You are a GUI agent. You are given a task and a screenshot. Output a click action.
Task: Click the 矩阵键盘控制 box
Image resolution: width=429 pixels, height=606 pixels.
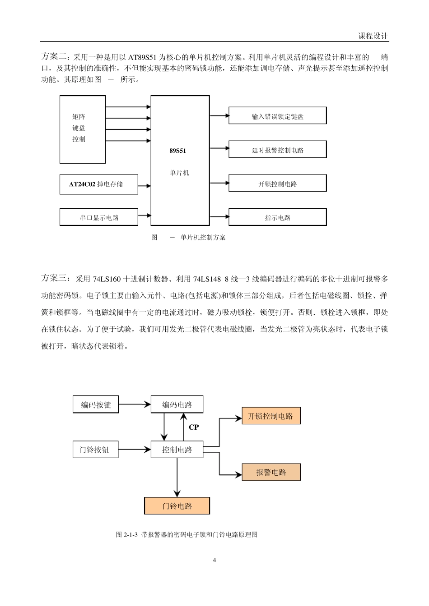click(83, 129)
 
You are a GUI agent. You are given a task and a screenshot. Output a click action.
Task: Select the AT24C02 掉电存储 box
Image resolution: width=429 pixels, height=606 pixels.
click(98, 184)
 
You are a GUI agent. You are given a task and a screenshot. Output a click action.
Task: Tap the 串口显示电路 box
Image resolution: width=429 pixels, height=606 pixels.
click(99, 217)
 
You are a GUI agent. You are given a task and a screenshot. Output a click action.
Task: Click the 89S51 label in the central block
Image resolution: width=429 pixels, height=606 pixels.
click(177, 151)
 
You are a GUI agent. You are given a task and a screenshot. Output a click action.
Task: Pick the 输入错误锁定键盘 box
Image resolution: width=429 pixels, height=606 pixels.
click(277, 116)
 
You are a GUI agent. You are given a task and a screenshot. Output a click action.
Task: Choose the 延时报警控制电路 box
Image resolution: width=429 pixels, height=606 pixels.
click(277, 150)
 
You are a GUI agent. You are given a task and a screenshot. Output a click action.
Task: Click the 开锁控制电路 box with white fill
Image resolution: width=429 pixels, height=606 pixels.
click(277, 184)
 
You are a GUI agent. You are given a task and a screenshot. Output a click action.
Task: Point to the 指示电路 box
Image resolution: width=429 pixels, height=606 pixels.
click(277, 217)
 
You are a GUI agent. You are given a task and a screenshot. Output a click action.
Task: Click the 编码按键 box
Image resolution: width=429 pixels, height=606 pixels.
click(96, 404)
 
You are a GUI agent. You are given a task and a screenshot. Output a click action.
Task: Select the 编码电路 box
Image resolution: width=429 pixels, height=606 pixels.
click(177, 404)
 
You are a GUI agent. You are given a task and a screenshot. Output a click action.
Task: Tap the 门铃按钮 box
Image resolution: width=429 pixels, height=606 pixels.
click(95, 450)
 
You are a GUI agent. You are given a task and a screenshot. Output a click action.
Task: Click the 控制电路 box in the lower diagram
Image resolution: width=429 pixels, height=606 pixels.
click(177, 450)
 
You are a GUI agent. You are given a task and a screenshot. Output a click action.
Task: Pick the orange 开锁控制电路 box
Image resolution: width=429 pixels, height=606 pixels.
click(271, 416)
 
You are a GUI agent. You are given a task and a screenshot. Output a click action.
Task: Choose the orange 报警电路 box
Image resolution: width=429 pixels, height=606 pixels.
click(271, 472)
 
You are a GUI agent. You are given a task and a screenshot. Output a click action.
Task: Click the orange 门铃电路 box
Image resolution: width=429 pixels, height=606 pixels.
click(177, 506)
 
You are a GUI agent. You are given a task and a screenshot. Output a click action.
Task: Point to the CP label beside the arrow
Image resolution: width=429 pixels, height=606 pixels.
click(193, 427)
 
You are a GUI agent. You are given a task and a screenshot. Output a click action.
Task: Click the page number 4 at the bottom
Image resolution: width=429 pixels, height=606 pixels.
click(214, 560)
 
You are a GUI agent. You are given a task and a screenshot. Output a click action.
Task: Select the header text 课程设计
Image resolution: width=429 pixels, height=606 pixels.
click(373, 37)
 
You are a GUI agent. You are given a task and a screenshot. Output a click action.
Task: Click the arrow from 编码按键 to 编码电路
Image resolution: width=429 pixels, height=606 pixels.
click(134, 404)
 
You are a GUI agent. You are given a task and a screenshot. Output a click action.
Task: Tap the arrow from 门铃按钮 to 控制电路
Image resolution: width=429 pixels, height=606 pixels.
click(134, 450)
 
